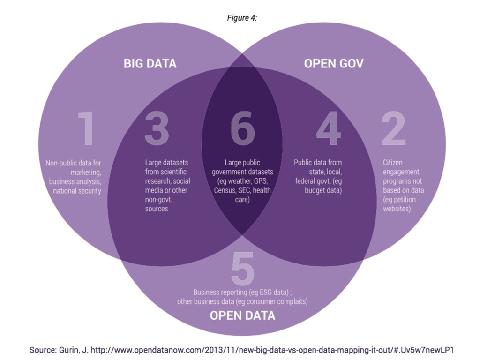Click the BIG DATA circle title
[150, 63]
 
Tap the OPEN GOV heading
[333, 63]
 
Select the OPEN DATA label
[242, 315]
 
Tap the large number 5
[243, 269]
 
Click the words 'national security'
[77, 191]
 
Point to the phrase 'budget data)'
[323, 190]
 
